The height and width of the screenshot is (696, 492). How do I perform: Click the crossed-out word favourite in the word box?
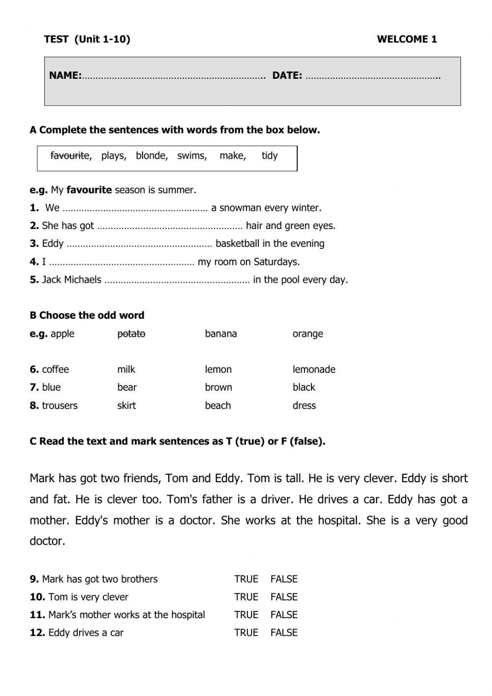click(x=70, y=156)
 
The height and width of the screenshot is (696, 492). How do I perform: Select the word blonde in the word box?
click(x=152, y=156)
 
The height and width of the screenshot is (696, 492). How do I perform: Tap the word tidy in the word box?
click(x=270, y=156)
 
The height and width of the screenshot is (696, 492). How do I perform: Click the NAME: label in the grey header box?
click(x=65, y=76)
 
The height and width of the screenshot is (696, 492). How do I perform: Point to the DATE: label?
click(x=287, y=76)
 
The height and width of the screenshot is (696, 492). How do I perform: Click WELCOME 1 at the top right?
click(x=407, y=39)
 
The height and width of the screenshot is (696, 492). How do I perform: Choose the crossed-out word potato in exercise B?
click(x=131, y=334)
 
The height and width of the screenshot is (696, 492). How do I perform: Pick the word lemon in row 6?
click(x=218, y=369)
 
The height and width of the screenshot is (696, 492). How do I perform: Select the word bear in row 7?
click(x=127, y=387)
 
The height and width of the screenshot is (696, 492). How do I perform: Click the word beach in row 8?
click(x=217, y=405)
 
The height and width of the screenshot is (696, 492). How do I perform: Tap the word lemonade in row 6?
click(x=314, y=369)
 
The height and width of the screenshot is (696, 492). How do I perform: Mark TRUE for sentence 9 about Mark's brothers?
click(x=246, y=579)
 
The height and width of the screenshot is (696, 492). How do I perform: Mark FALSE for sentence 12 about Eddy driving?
click(x=284, y=633)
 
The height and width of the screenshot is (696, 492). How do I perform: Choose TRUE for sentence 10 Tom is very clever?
click(x=246, y=597)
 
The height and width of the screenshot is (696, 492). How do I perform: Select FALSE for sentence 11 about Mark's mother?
click(x=284, y=615)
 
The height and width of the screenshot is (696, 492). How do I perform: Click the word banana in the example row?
click(x=221, y=334)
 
